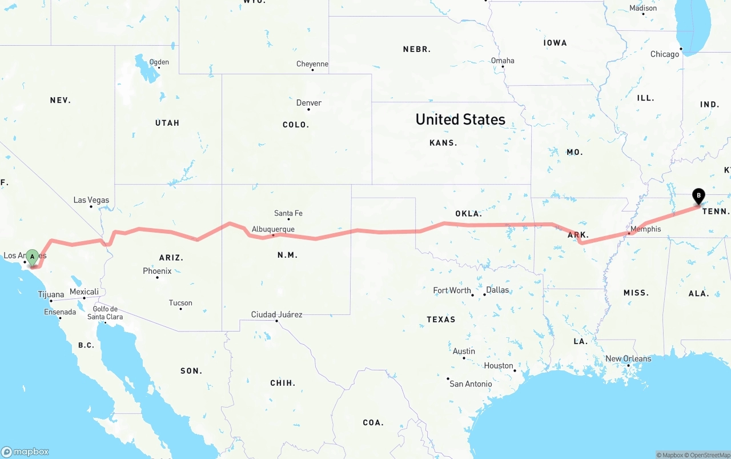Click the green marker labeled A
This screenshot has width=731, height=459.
(x=33, y=256)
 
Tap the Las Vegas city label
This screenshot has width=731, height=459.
(x=91, y=200)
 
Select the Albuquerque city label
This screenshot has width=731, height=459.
(x=273, y=229)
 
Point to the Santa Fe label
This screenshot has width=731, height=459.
(x=288, y=213)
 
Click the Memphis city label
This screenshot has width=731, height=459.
(x=646, y=229)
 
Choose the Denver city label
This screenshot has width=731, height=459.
(x=309, y=103)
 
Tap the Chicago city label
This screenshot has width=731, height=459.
(x=665, y=54)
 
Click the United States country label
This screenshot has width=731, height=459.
(x=460, y=119)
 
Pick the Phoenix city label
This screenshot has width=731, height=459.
(x=157, y=271)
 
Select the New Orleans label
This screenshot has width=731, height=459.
(x=628, y=359)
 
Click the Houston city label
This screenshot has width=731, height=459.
(x=499, y=366)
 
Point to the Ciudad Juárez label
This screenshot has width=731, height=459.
(x=277, y=314)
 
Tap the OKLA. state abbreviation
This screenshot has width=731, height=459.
(x=468, y=214)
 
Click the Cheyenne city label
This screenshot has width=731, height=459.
(x=312, y=64)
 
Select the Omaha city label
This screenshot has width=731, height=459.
(x=503, y=61)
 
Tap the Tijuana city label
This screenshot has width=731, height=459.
(x=51, y=295)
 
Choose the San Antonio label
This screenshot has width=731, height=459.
(x=471, y=384)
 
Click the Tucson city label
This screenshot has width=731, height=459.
(x=180, y=303)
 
